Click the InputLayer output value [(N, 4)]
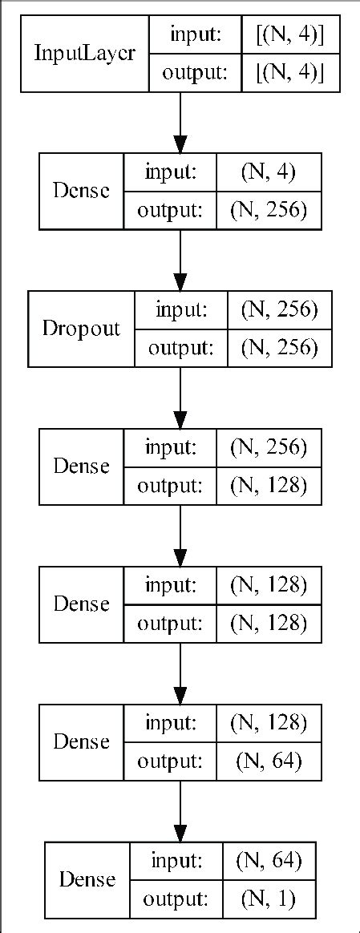[x=287, y=74]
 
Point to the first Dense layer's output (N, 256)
[x=267, y=211]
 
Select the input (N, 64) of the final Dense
[x=267, y=860]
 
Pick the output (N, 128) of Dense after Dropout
[x=267, y=486]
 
